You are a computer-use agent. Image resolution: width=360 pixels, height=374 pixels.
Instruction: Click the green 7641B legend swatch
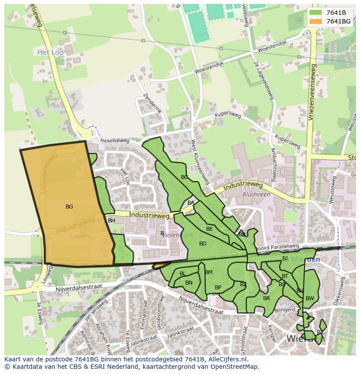click(316, 13)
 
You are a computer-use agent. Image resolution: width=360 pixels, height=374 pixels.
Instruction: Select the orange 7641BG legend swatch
click(316, 21)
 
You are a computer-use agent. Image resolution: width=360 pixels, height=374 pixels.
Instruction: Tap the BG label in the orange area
click(69, 207)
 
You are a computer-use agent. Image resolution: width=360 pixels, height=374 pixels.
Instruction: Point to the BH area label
click(111, 221)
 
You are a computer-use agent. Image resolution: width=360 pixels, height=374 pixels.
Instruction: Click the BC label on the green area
click(184, 177)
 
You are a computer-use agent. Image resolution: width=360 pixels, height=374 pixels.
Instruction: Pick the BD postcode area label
click(203, 244)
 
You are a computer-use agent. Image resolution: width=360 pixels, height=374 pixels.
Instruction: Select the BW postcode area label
click(310, 298)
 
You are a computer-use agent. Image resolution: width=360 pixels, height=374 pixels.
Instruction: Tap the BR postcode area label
click(267, 298)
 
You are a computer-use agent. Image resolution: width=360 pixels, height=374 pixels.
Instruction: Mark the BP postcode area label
click(218, 288)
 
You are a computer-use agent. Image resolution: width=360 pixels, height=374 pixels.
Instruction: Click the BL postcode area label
click(183, 274)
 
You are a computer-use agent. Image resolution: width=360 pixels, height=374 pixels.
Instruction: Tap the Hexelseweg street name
click(115, 141)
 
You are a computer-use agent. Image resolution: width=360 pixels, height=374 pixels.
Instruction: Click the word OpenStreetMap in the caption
click(235, 367)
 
